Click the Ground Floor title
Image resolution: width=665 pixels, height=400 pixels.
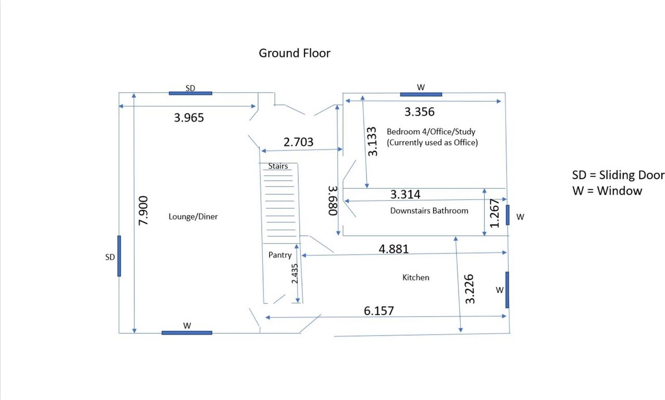click(x=294, y=53)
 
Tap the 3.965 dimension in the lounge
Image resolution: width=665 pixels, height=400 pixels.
click(x=189, y=117)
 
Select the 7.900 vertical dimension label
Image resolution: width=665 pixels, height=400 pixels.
click(x=143, y=210)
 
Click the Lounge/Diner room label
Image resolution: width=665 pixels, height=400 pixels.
click(x=193, y=217)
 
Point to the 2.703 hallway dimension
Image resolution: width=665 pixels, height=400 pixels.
click(x=298, y=142)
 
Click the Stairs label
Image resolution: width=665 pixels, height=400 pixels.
click(x=278, y=166)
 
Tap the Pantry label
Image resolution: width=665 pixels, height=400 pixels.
click(x=280, y=255)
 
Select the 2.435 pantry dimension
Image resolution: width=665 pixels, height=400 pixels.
click(x=295, y=274)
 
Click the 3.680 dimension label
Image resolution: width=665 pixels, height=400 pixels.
click(x=333, y=201)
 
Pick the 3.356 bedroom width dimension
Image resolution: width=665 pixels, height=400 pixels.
click(x=419, y=112)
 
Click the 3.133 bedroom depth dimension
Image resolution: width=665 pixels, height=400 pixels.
click(x=372, y=141)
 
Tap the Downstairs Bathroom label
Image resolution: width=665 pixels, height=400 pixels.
click(x=429, y=211)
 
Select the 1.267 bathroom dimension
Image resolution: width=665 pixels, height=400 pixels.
click(x=494, y=214)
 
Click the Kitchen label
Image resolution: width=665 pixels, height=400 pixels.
click(x=416, y=277)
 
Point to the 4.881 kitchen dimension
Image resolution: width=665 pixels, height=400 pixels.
click(x=394, y=249)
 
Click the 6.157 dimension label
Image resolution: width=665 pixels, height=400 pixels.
click(x=379, y=311)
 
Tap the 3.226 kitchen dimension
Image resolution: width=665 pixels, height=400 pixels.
click(x=470, y=289)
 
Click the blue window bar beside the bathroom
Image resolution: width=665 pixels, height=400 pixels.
click(x=508, y=215)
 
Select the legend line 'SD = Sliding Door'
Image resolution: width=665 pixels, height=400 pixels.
click(x=618, y=175)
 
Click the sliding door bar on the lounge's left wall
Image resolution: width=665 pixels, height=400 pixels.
click(x=119, y=256)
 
